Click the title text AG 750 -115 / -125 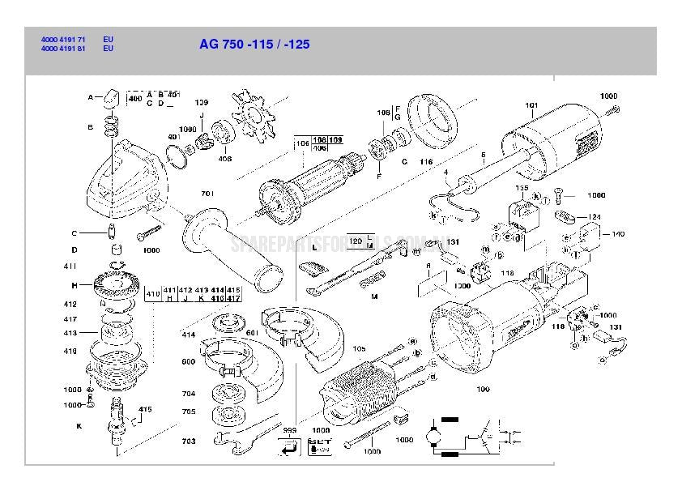[254, 45]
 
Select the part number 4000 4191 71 [63, 39]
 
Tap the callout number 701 [207, 194]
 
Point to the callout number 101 [531, 106]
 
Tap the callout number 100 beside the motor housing [483, 390]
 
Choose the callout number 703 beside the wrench [188, 441]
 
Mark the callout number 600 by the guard [188, 362]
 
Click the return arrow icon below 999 [287, 446]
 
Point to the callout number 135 [522, 188]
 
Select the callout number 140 [617, 234]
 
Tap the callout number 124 [595, 217]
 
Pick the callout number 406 [224, 159]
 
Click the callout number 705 [188, 412]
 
